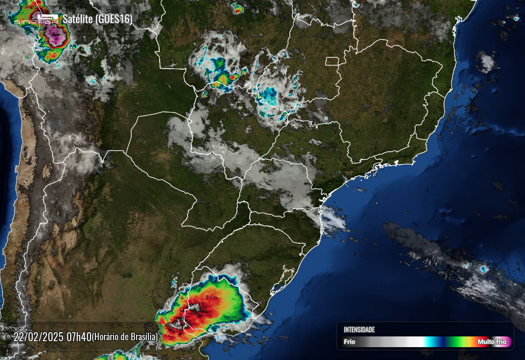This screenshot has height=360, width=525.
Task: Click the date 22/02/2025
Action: pyautogui.click(x=39, y=337)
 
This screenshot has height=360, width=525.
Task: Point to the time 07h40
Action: pyautogui.click(x=79, y=337)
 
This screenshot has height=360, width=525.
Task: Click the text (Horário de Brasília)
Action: pyautogui.click(x=124, y=337)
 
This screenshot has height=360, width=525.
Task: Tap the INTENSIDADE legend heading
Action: pyautogui.click(x=359, y=329)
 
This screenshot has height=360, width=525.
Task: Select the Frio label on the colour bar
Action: pyautogui.click(x=349, y=342)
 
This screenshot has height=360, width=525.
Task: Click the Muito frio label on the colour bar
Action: pyautogui.click(x=492, y=342)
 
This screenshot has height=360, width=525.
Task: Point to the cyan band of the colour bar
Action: pyautogui.click(x=430, y=342)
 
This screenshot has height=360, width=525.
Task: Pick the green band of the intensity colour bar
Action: pyautogui.click(x=455, y=342)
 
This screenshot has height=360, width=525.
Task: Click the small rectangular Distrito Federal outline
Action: pyautogui.click(x=332, y=61)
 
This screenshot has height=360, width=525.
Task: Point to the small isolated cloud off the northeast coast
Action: pyautogui.click(x=486, y=62)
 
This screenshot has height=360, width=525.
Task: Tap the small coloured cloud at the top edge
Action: pyautogui.click(x=237, y=8)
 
